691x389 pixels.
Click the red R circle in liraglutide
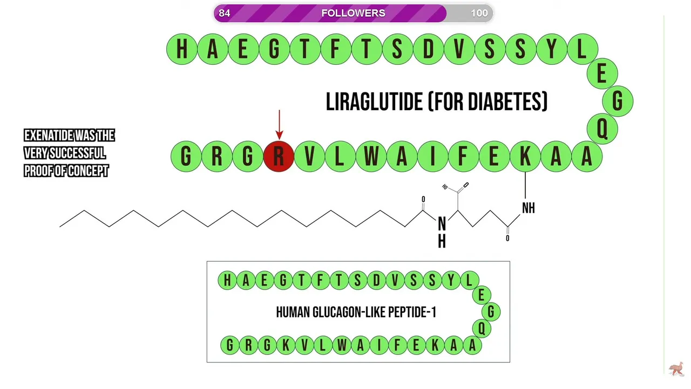[x=279, y=157]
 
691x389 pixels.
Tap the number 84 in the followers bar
[x=225, y=13]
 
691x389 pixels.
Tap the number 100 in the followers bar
[x=479, y=13]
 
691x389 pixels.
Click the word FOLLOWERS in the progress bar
[x=353, y=13]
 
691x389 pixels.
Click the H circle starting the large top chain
[x=182, y=49]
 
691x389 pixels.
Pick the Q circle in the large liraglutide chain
[x=602, y=129]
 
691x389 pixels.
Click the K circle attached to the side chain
[x=525, y=157]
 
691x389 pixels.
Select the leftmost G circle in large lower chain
[x=186, y=157]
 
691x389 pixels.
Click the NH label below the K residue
[x=528, y=208]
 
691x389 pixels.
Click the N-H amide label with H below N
[x=442, y=232]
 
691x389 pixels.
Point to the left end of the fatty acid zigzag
[x=60, y=226]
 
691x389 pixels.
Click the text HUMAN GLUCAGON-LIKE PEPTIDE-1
[x=356, y=312]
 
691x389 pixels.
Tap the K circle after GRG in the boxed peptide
[x=285, y=345]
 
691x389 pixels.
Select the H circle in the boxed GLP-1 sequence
[x=227, y=280]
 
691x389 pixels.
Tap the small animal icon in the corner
[x=676, y=369]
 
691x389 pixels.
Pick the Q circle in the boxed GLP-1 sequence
[x=481, y=328]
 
